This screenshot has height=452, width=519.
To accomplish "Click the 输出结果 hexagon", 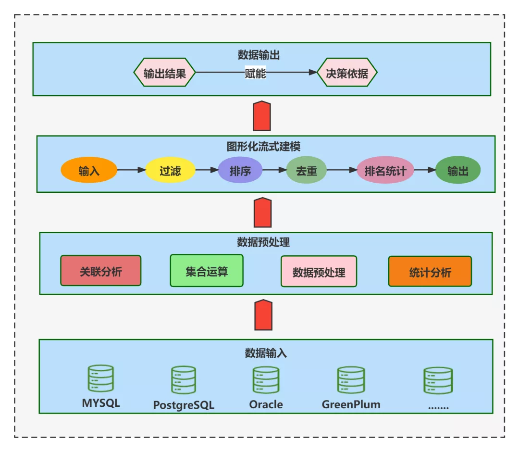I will pos(165,73).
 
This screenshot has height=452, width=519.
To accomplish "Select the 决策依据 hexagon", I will pos(347,73).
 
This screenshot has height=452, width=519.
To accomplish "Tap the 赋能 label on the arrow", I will pos(255,73).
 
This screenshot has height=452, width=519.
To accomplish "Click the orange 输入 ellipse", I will pos(89,171).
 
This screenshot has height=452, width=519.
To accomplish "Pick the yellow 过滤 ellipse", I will pos(170,171).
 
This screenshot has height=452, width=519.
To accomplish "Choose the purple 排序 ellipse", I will pos(240,171).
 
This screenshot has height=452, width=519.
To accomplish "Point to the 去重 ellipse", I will pos(307,171).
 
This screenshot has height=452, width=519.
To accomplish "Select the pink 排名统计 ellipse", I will pos(385,171).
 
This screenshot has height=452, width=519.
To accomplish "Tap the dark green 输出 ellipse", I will pos(458,171).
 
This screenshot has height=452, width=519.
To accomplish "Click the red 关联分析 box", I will pos(101,271).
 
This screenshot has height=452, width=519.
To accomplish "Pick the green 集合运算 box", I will pos(207,271).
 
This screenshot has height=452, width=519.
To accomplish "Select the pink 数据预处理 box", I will pos(319,272).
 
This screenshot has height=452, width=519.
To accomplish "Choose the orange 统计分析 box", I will pos(430,272).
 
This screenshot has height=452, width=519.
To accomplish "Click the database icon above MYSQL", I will pos(101,379).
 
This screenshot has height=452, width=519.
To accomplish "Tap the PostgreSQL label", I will pos(184,405).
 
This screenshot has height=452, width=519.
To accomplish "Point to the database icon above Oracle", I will pos(266,380).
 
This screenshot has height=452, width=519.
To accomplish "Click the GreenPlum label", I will pos(351,404).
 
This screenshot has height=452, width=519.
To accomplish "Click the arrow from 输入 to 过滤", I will pos(131,170).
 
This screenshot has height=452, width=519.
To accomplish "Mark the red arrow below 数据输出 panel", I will pos(262,116).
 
